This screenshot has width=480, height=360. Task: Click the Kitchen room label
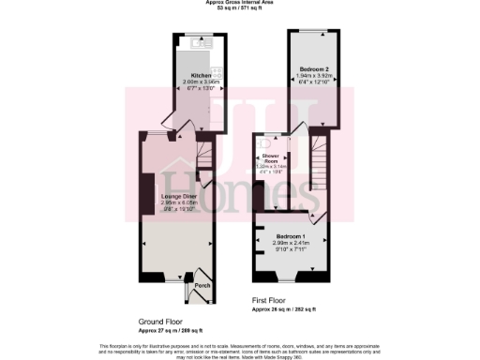(x=201, y=74)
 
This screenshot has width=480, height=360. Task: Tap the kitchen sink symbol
(x=200, y=42)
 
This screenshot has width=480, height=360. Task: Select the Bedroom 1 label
(x=290, y=236)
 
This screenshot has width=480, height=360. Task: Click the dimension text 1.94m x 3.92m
(x=315, y=76)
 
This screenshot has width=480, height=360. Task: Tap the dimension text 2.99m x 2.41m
(x=290, y=243)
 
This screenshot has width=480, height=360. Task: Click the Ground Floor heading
(x=161, y=320)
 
